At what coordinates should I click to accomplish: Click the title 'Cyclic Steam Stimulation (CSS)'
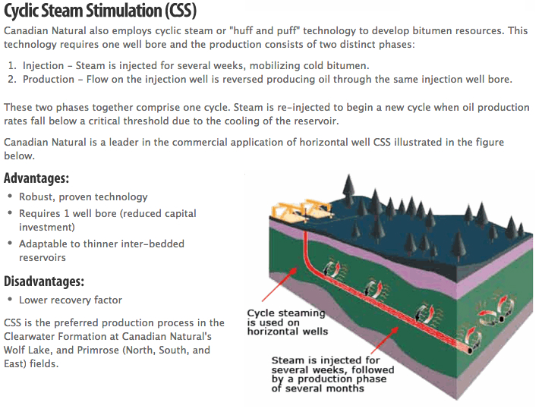[100, 11]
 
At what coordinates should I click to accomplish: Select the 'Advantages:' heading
[36, 178]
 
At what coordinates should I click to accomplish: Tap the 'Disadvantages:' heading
[44, 281]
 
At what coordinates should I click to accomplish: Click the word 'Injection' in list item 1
[43, 66]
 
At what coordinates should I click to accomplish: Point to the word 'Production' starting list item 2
[49, 80]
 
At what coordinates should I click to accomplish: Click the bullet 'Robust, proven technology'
[84, 197]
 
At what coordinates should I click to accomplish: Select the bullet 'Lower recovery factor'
[71, 300]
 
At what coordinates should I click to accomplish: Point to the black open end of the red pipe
[470, 351]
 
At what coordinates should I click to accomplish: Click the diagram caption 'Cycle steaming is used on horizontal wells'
[287, 322]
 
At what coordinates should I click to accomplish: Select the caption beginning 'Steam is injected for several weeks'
[332, 374]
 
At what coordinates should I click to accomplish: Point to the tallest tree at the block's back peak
[348, 187]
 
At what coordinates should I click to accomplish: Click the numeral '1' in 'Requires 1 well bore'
[66, 213]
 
